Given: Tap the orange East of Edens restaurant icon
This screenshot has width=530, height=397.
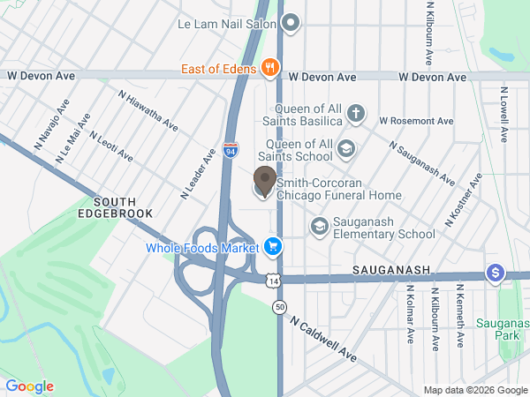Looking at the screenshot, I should tap(270, 68).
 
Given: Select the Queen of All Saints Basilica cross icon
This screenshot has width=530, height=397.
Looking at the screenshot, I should tap(355, 113).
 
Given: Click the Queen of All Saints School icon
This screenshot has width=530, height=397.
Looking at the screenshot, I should tap(346, 147).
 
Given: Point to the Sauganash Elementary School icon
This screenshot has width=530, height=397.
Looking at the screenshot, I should tap(318, 227).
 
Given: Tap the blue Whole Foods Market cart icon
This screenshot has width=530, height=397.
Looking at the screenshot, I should tap(272, 247).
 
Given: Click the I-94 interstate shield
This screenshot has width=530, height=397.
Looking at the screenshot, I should tap(230, 152).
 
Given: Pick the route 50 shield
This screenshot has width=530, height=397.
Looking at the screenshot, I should tap(279, 306).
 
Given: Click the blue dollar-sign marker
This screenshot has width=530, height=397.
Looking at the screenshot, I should tap(495, 273).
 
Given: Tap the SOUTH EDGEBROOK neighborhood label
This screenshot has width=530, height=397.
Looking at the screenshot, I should tap(115, 207).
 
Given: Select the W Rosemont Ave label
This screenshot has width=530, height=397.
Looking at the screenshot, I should tap(416, 121).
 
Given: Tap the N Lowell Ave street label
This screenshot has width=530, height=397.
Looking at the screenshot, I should tap(503, 115).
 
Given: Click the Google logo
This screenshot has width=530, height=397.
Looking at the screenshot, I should tap(29, 386).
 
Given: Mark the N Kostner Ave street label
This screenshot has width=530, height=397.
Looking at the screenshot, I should tap(463, 199).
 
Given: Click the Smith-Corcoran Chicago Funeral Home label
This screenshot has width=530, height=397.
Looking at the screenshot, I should tap(339, 189).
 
